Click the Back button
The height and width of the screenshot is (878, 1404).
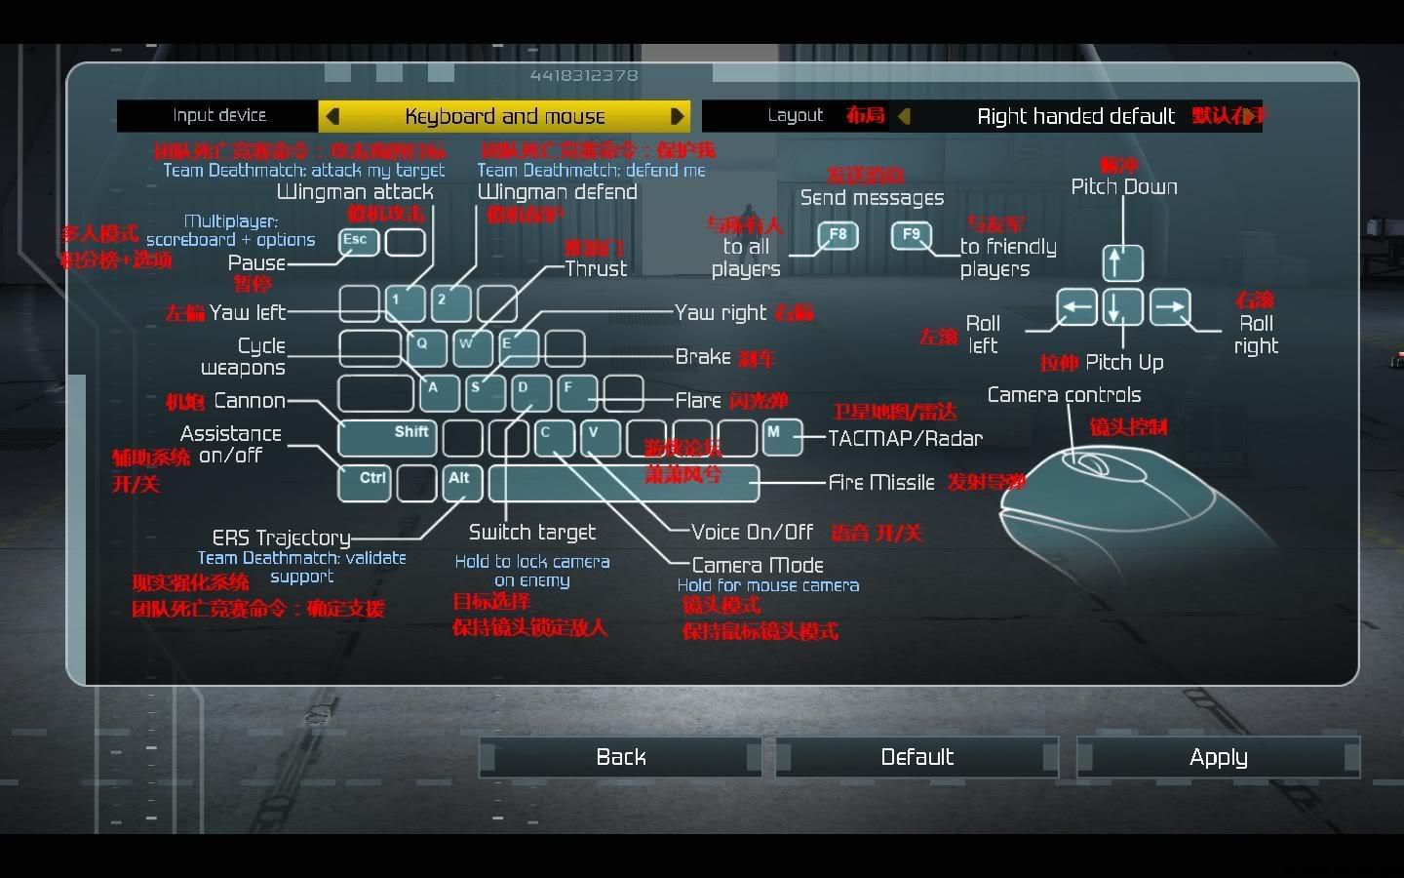[620, 757]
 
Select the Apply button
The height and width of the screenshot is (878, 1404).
[1218, 757]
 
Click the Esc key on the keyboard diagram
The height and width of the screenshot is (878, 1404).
[358, 241]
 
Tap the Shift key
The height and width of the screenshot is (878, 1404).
[387, 437]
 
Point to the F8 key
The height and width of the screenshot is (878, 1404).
[838, 235]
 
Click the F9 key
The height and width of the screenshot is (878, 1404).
[912, 235]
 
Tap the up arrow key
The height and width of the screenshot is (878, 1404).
[1122, 262]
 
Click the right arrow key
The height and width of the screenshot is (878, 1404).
[1169, 307]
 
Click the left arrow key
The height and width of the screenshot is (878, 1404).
[1076, 307]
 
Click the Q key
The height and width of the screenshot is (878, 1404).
[425, 347]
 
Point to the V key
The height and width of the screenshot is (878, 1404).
[600, 437]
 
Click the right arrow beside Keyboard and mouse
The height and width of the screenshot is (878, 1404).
[677, 116]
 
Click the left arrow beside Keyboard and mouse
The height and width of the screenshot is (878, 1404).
[332, 116]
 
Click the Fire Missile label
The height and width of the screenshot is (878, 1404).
[880, 482]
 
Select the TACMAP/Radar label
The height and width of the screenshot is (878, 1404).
[905, 438]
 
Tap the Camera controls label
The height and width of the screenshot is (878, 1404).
[1064, 395]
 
